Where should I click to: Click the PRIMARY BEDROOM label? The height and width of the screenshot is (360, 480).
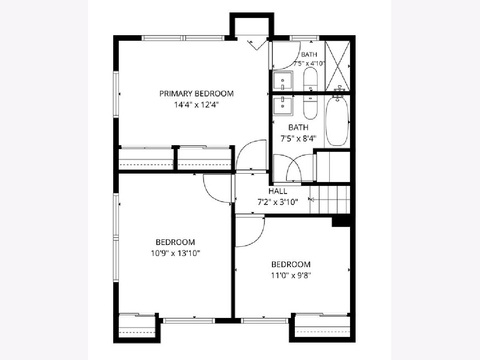[x=196, y=94]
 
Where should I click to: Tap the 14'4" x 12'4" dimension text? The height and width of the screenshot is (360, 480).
[x=196, y=105]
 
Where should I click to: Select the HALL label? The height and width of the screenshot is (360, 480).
[x=278, y=191]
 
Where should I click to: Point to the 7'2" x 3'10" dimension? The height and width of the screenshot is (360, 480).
[x=278, y=202]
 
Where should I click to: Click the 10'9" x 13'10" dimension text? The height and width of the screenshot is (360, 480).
[x=176, y=253]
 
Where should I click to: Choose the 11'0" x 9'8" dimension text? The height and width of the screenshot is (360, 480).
[x=291, y=276]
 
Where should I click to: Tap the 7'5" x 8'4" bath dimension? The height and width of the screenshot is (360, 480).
[x=298, y=138]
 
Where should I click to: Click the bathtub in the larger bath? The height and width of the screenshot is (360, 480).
[x=337, y=121]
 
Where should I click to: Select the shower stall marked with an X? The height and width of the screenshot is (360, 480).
[x=338, y=66]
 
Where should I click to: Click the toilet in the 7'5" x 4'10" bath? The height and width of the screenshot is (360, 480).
[x=310, y=79]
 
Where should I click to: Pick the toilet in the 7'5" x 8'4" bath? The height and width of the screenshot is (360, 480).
[x=310, y=108]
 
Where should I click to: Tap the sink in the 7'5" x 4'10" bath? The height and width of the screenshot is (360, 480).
[x=282, y=81]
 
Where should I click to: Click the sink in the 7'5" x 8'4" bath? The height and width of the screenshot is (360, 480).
[x=282, y=106]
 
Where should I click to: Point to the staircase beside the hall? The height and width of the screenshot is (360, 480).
[x=330, y=200]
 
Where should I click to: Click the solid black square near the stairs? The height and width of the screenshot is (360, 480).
[x=341, y=222]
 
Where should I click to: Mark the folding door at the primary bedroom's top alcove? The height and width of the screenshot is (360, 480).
[x=257, y=45]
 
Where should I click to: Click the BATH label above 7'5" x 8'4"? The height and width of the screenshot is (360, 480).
[x=298, y=127]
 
